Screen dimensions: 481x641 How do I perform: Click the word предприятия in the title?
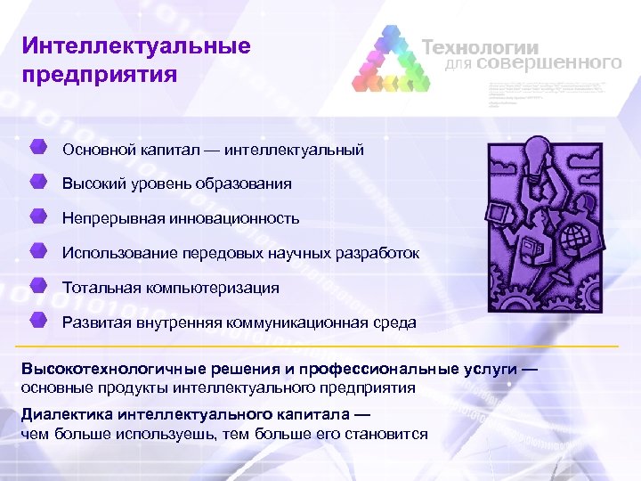101,74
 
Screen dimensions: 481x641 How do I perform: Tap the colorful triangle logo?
391,60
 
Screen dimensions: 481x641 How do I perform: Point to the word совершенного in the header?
548,64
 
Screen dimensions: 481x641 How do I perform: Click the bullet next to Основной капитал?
38,147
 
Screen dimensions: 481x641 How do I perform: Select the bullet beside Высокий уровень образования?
38,183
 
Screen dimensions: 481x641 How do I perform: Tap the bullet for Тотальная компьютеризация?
38,286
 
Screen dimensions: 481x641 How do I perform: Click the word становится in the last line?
388,434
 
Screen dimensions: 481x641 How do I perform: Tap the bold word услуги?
491,370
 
